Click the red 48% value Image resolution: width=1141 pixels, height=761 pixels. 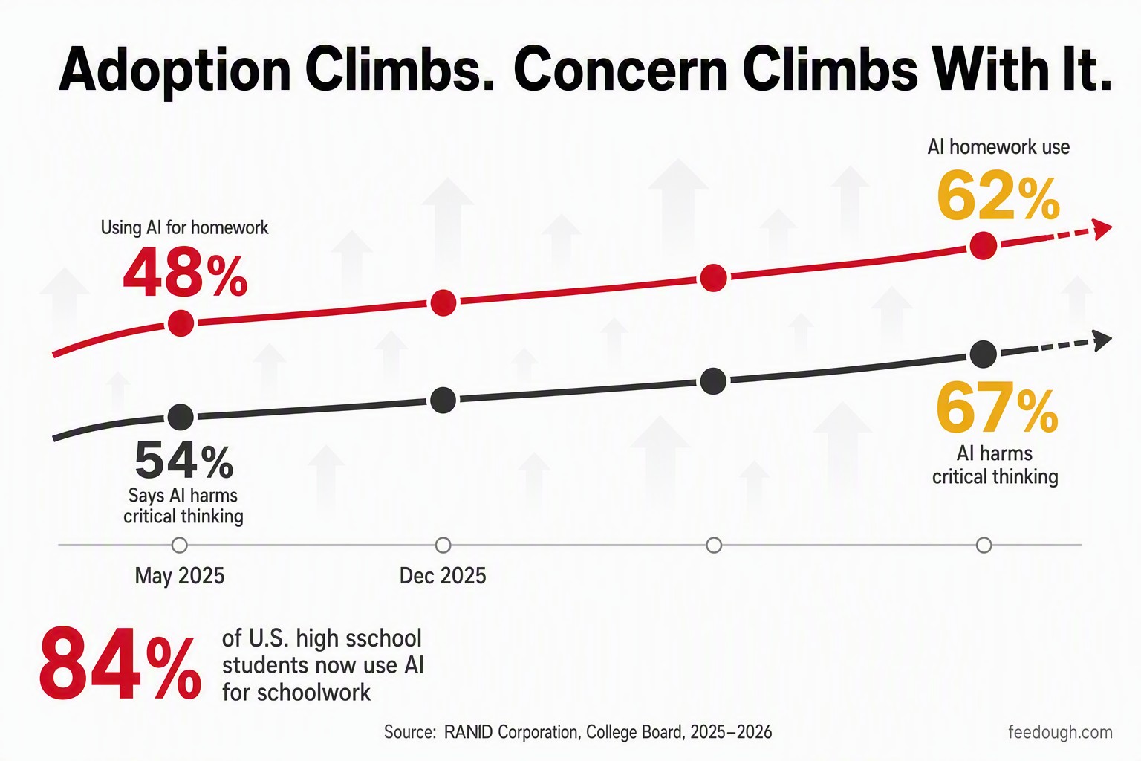click(x=186, y=272)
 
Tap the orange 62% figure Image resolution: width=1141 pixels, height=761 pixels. click(x=998, y=195)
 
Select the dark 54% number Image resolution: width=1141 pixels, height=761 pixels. click(x=184, y=461)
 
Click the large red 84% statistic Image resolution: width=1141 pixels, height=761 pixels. click(x=120, y=664)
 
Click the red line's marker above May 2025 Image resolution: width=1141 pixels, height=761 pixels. click(x=181, y=323)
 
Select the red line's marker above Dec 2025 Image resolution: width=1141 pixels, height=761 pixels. click(x=443, y=302)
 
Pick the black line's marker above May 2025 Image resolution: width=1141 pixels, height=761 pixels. click(x=181, y=418)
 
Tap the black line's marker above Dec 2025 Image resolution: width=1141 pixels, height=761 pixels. click(x=443, y=400)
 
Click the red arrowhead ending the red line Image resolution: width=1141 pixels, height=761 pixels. click(x=1102, y=230)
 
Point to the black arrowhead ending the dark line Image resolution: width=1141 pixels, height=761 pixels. click(x=1102, y=340)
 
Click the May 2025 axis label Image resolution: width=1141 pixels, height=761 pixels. click(x=180, y=576)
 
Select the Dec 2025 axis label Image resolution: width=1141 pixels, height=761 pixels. click(x=443, y=576)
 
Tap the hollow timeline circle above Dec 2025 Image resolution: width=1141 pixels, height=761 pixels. click(x=443, y=545)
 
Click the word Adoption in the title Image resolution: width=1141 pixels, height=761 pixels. click(x=175, y=70)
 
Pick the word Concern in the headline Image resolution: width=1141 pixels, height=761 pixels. click(x=620, y=70)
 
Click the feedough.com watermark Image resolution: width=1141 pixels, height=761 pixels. click(x=1061, y=733)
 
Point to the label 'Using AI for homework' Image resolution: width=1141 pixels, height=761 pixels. click(x=184, y=227)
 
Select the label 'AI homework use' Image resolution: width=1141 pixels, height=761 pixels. click(x=998, y=147)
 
